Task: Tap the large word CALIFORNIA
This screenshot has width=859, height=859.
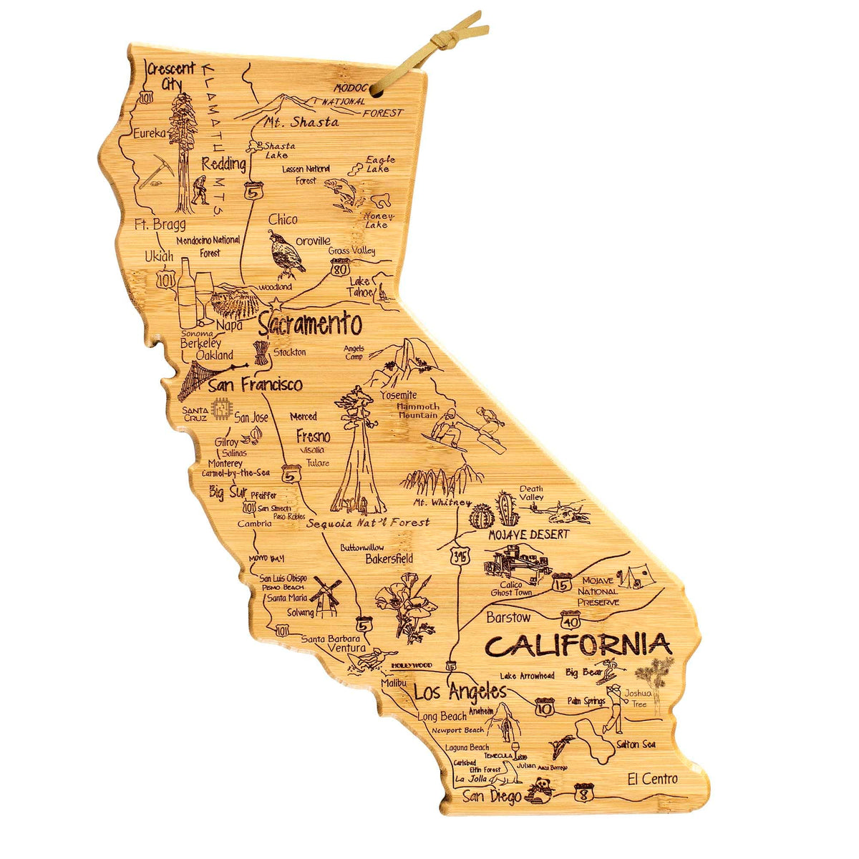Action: (x=578, y=645)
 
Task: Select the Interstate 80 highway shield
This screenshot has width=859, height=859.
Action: (x=340, y=269)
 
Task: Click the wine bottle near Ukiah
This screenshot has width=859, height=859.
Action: (x=186, y=292)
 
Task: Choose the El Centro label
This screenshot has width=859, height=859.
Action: (x=651, y=779)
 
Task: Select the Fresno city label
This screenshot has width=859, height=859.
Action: (x=314, y=436)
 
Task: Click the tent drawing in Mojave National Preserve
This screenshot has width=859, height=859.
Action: (x=634, y=576)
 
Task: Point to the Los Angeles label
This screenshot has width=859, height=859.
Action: (x=460, y=692)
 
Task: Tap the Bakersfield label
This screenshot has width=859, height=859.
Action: (x=389, y=558)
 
